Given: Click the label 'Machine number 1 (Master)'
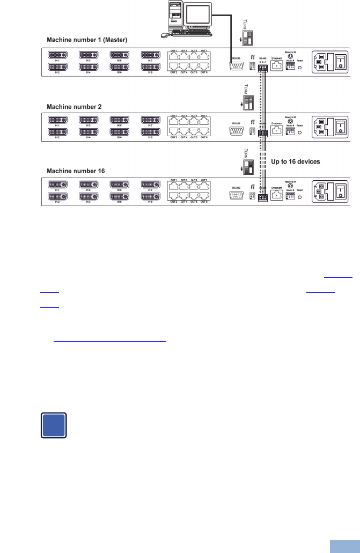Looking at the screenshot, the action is [87, 40].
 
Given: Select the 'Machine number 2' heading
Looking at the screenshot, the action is [74, 107].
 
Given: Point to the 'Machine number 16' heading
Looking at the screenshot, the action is [76, 171].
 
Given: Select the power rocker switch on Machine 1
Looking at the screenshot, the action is [341, 62].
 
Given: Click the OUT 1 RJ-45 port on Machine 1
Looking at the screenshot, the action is [173, 56].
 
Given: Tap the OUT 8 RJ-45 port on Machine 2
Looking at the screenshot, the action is [204, 131].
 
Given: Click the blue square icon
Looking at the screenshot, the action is [53, 425].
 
